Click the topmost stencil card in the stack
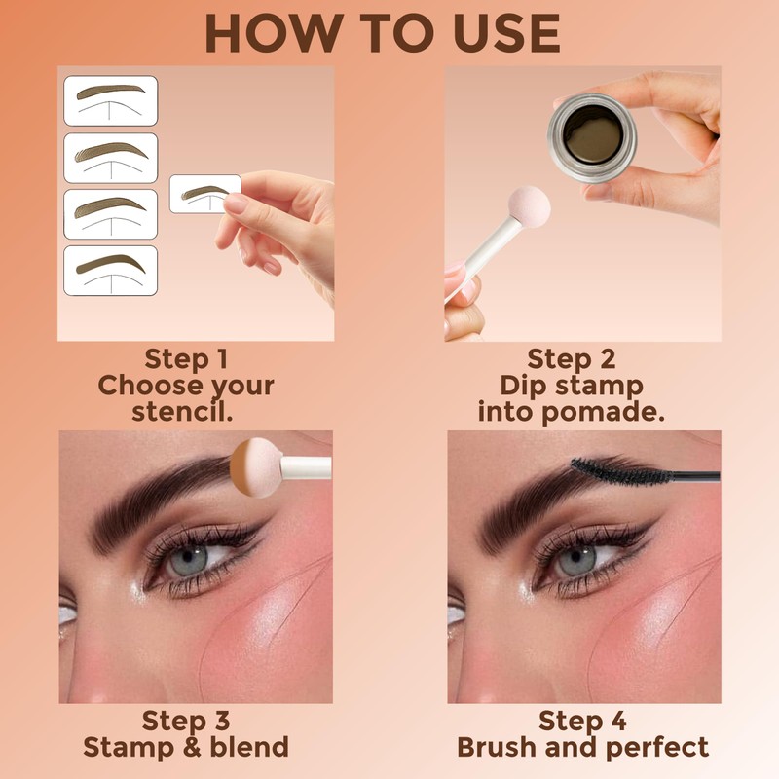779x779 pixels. click(110, 99)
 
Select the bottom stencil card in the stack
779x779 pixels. click(110, 270)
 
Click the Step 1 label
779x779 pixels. click(186, 357)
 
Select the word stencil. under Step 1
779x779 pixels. click(185, 411)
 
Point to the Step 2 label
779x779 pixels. click(572, 357)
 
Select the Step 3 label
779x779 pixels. click(186, 721)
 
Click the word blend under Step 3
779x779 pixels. click(242, 747)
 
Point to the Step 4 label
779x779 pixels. click(583, 721)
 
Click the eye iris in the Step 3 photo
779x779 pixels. click(192, 560)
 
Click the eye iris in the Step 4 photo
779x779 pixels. click(575, 560)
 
